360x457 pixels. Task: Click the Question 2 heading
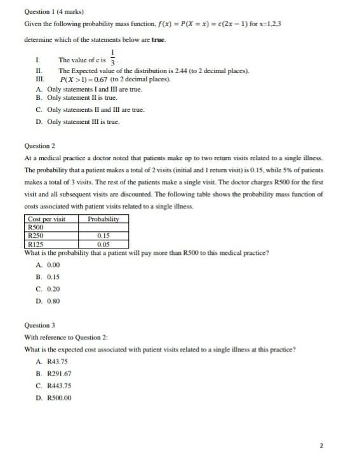[39, 145]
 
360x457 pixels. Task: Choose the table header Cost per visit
[48, 219]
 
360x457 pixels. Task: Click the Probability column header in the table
[103, 219]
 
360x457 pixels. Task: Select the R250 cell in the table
[36, 234]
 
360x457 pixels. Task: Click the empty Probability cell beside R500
[103, 226]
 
